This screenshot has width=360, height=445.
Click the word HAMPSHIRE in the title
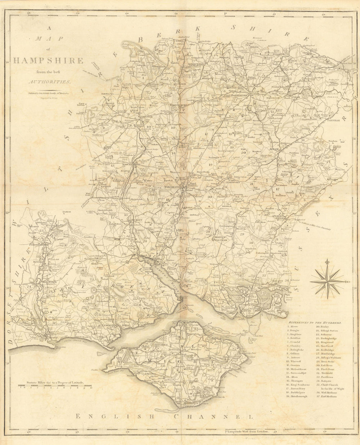pyautogui.click(x=48, y=60)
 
